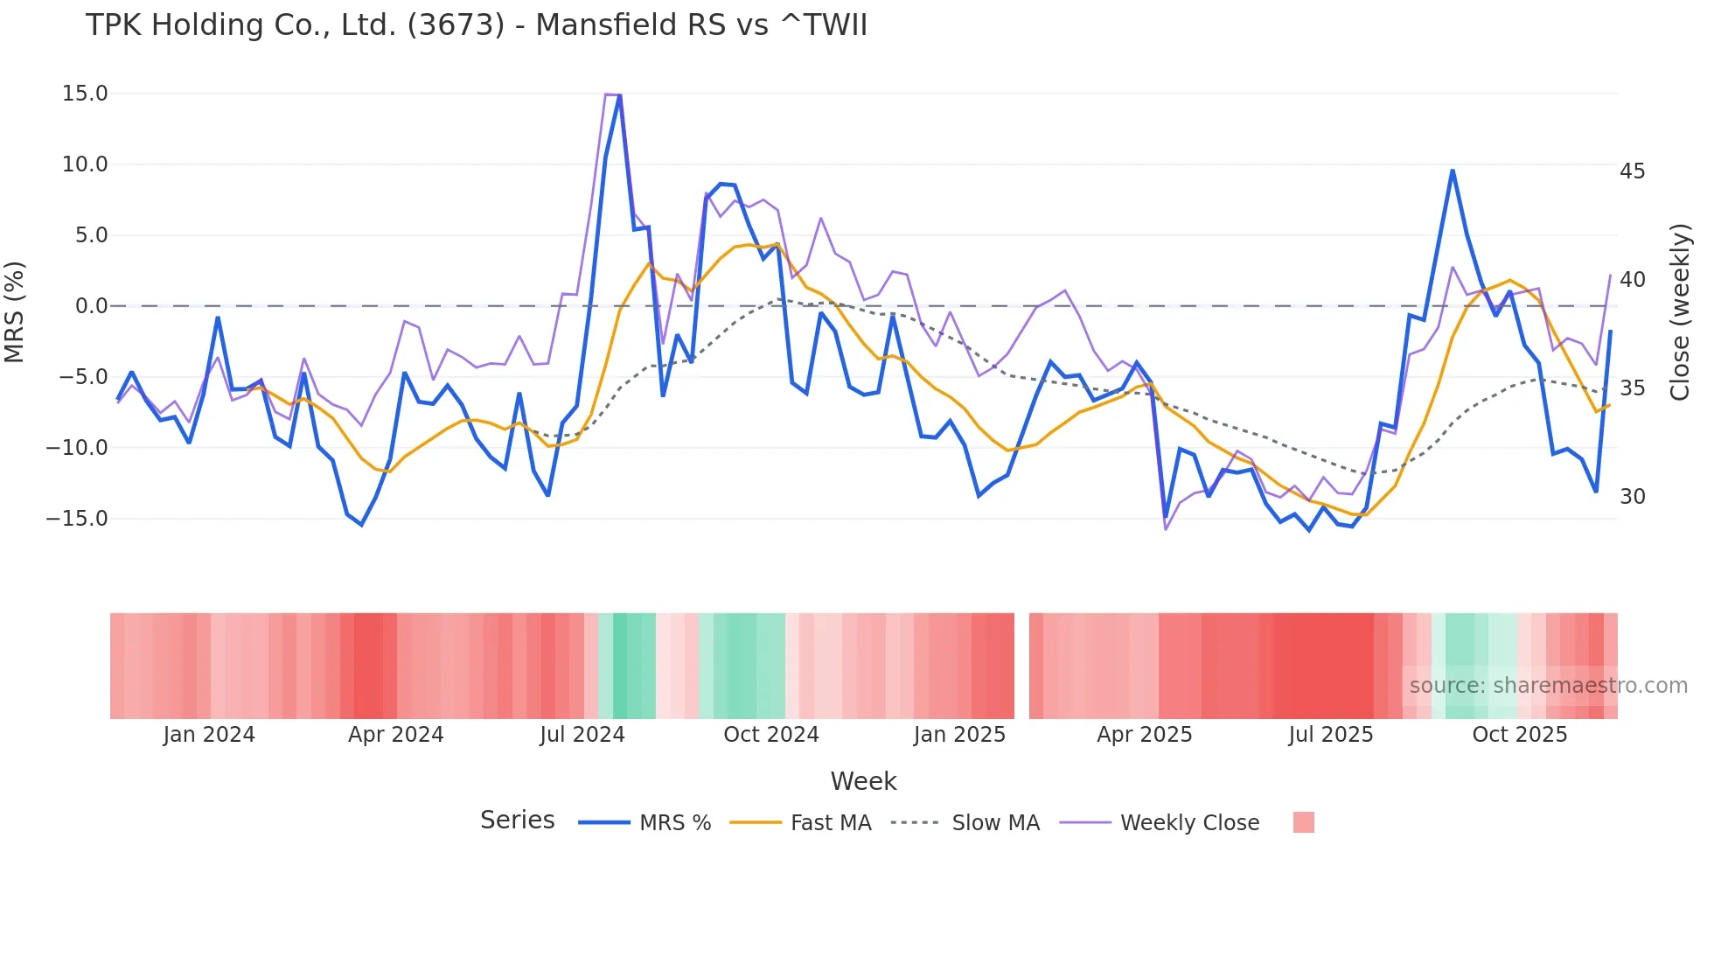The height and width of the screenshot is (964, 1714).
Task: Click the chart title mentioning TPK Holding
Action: point(477,25)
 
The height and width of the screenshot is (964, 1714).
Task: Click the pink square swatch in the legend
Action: point(1303,822)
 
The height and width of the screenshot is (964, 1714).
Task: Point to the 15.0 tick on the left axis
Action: point(85,94)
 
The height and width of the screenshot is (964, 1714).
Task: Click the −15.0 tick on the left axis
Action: point(78,519)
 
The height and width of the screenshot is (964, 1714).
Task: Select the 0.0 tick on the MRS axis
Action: point(91,306)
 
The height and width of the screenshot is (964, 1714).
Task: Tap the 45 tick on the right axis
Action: point(1632,171)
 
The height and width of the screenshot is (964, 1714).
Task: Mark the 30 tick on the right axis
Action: point(1632,497)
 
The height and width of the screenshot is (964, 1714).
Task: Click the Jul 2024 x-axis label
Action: point(582,735)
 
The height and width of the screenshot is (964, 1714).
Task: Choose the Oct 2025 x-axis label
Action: point(1519,735)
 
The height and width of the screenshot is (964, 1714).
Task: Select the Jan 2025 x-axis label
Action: point(959,735)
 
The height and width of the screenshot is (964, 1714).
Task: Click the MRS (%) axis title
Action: point(15,311)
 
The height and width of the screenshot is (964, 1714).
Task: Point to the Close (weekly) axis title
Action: point(1679,311)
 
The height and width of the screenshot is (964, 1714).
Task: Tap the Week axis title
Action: point(863,781)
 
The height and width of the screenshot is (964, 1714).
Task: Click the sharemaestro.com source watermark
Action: point(1548,686)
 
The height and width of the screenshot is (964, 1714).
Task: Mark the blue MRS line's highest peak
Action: point(619,95)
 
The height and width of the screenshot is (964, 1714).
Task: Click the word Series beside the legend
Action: point(517,821)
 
